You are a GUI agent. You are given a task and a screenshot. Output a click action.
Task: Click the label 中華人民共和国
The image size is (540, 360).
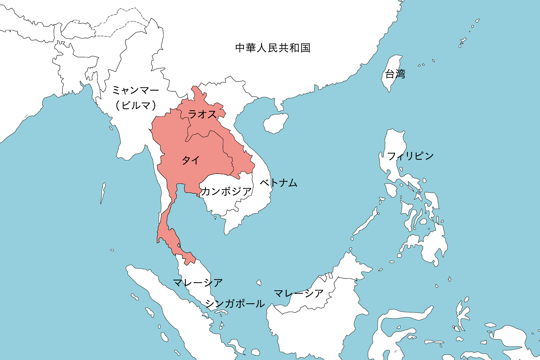click(272, 48)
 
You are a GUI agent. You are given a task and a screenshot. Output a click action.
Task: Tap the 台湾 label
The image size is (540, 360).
click(395, 74)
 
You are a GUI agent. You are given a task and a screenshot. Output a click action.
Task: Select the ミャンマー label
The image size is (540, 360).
click(135, 90)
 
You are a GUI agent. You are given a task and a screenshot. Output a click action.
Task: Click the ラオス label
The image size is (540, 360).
click(202, 114)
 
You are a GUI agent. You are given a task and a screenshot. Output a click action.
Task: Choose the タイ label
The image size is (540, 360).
click(191, 160)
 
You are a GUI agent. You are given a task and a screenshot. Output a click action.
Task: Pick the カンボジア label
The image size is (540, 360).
click(226, 191)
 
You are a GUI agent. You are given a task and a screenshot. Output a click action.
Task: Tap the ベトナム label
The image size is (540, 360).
click(278, 183)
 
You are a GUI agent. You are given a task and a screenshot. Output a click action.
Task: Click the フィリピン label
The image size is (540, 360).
click(410, 156)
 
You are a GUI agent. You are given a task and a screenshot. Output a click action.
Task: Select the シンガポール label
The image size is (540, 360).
click(235, 304)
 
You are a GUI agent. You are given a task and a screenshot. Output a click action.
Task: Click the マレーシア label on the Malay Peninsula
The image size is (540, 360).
click(198, 283)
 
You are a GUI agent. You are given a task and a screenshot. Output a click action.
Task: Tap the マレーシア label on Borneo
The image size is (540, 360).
click(299, 293)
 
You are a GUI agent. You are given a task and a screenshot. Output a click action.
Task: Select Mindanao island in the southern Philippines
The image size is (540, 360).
click(432, 245)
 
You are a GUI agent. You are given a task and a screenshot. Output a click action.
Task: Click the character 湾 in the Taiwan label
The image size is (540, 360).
click(400, 74)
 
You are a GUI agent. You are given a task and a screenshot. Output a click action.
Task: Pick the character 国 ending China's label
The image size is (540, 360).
click(305, 48)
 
